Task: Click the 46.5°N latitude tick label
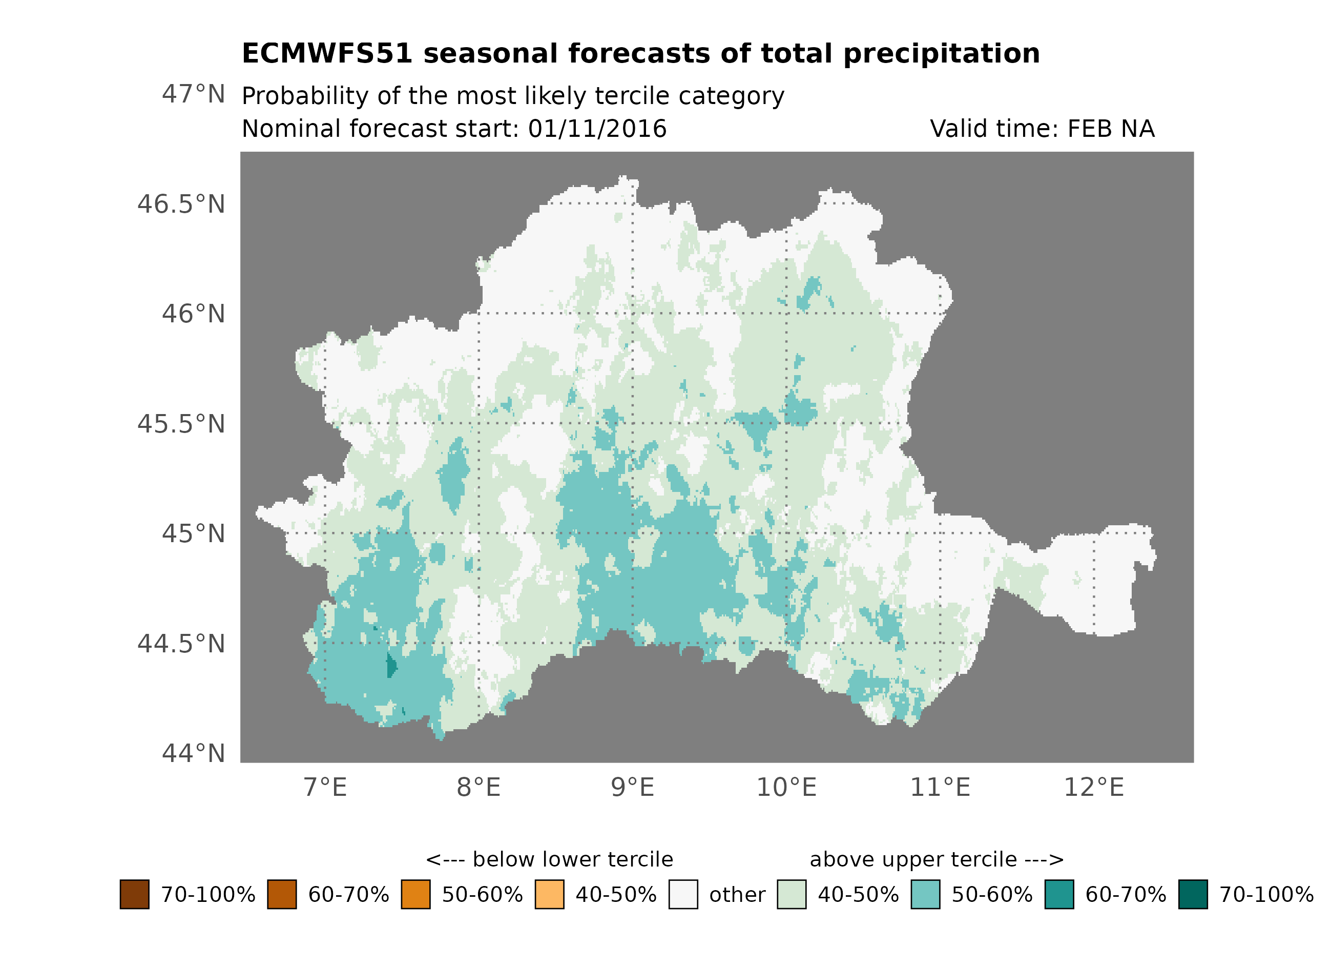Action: coord(181,204)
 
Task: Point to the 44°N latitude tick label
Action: coord(193,753)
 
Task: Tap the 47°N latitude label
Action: coord(193,94)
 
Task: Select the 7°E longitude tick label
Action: coord(325,787)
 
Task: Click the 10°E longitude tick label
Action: coord(786,787)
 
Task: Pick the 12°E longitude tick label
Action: coord(1093,787)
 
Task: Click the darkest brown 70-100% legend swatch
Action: coord(134,894)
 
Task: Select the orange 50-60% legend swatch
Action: coord(415,894)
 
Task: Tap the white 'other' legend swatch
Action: coord(683,894)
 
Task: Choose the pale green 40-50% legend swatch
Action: coord(791,894)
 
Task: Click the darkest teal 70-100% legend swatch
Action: coord(1193,894)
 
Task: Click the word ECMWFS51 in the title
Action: coord(327,54)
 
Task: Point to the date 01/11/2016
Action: coord(597,129)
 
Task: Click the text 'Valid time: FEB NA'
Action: coord(1042,129)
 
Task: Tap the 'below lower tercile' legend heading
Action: coord(549,859)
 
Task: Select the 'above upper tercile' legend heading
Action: coord(936,859)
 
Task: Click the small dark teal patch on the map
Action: coord(391,666)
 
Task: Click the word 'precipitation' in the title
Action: coord(941,54)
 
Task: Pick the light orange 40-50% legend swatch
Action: coord(549,894)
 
